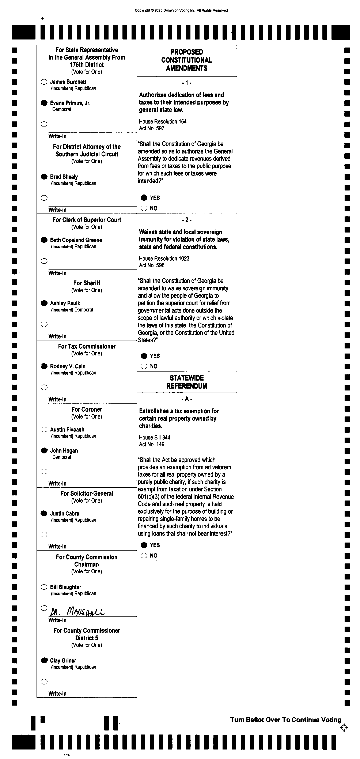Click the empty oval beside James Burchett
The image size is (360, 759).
44,82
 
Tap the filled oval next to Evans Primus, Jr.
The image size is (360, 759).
44,103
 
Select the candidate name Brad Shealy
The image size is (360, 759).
64,177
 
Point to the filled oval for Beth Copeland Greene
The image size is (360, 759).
44,240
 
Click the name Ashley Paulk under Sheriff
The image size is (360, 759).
65,303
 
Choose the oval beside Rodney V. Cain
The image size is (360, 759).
44,366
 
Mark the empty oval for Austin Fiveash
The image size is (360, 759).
44,430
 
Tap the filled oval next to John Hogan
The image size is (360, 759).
44,450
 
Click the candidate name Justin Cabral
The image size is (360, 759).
65,514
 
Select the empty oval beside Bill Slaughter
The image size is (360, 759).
44,587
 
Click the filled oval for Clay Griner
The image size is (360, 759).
44,660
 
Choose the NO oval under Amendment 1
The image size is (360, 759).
144,208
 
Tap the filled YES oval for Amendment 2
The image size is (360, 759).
144,356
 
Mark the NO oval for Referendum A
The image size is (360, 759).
144,555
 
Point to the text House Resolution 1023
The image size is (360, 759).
164,258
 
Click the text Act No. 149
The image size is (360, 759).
152,444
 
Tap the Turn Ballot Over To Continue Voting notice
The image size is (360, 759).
285,720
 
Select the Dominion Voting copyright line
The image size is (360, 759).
181,10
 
